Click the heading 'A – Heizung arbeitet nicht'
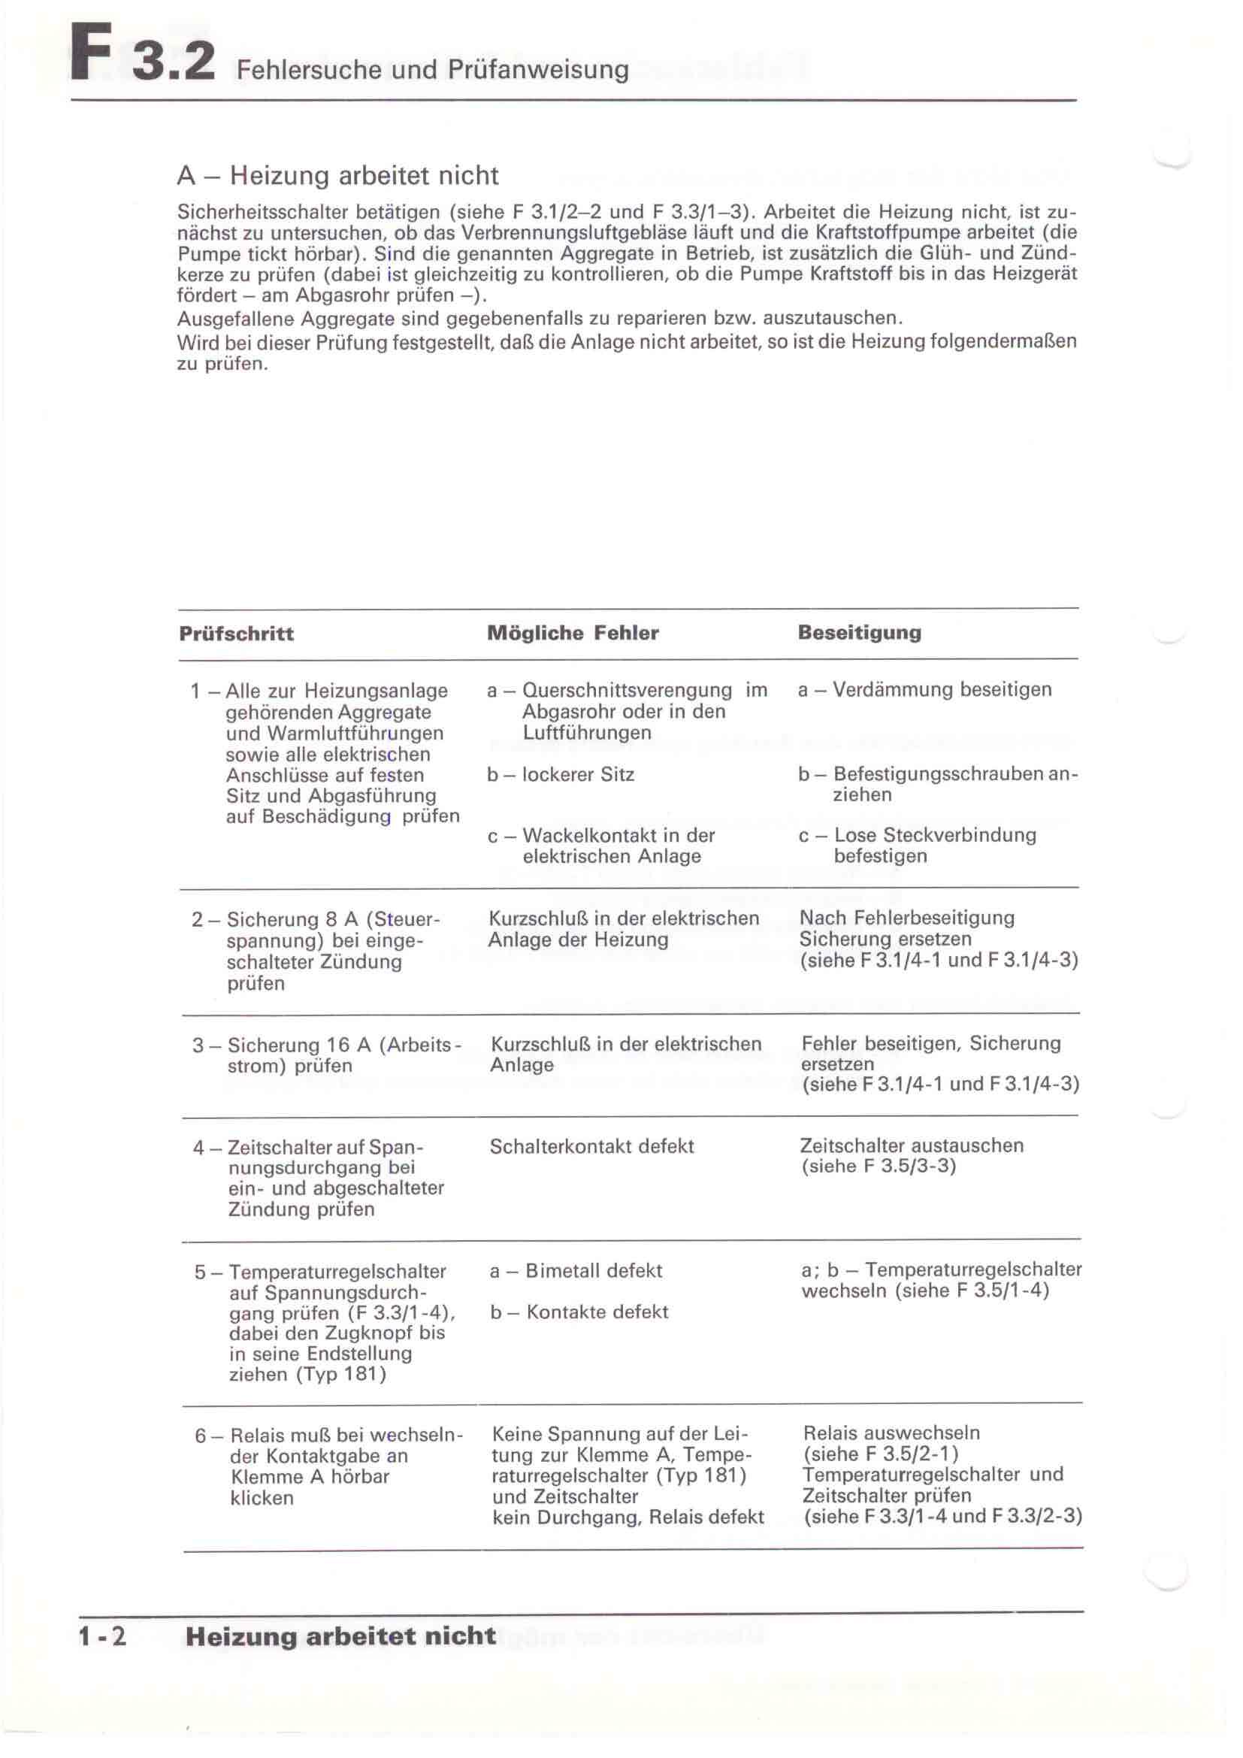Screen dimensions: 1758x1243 (337, 175)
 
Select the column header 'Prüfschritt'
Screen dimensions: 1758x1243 (237, 634)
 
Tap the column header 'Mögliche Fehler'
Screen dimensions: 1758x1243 (573, 633)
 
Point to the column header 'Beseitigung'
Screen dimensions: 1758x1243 (860, 632)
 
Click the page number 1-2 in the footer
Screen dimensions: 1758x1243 (101, 1636)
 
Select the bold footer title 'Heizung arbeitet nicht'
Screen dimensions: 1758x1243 (340, 1636)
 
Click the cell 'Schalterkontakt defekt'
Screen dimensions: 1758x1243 (591, 1146)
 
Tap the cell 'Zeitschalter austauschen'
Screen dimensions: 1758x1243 (912, 1145)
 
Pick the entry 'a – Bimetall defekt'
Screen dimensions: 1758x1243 (576, 1271)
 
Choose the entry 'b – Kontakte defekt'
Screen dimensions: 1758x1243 (579, 1312)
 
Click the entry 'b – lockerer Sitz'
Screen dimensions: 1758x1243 (561, 774)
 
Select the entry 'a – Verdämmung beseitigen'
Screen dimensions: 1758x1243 (924, 689)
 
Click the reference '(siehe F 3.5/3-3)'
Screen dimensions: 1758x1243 (878, 1166)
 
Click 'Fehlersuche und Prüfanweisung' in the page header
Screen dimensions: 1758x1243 (432, 70)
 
